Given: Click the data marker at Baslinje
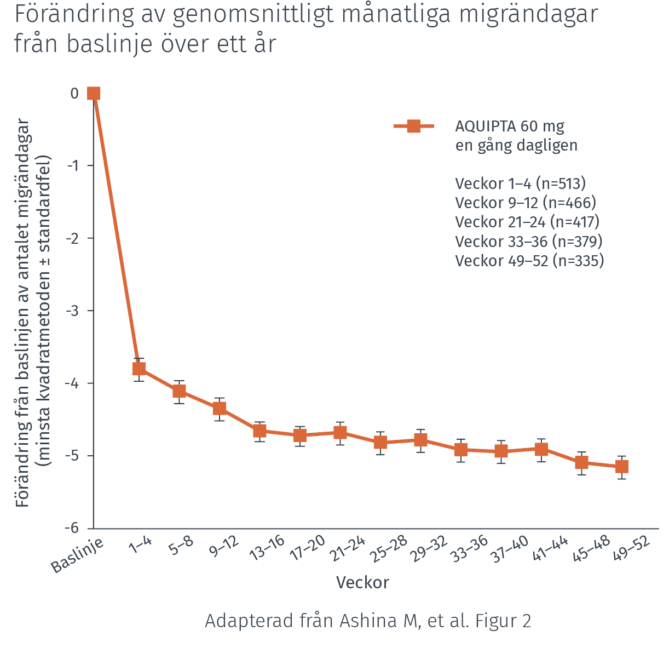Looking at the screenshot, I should (x=94, y=93).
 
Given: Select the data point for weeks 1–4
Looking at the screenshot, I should (x=139, y=369).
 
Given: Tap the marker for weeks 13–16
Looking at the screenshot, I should (x=259, y=431).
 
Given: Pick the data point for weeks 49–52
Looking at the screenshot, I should (x=621, y=467).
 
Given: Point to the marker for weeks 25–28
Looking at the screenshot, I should (x=380, y=442).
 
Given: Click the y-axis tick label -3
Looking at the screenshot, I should (x=72, y=311).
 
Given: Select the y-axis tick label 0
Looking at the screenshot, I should (x=74, y=93).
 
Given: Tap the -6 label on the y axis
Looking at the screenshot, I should (x=72, y=528).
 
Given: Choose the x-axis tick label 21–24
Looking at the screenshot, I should (x=347, y=549).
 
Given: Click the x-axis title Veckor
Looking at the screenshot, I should (x=362, y=582).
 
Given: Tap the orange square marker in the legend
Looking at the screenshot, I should (x=414, y=127).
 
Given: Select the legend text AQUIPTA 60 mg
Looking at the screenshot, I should (x=509, y=126).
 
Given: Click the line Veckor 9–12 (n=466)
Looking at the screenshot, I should (x=526, y=203).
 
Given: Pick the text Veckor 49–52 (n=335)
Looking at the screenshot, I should (x=529, y=260).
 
